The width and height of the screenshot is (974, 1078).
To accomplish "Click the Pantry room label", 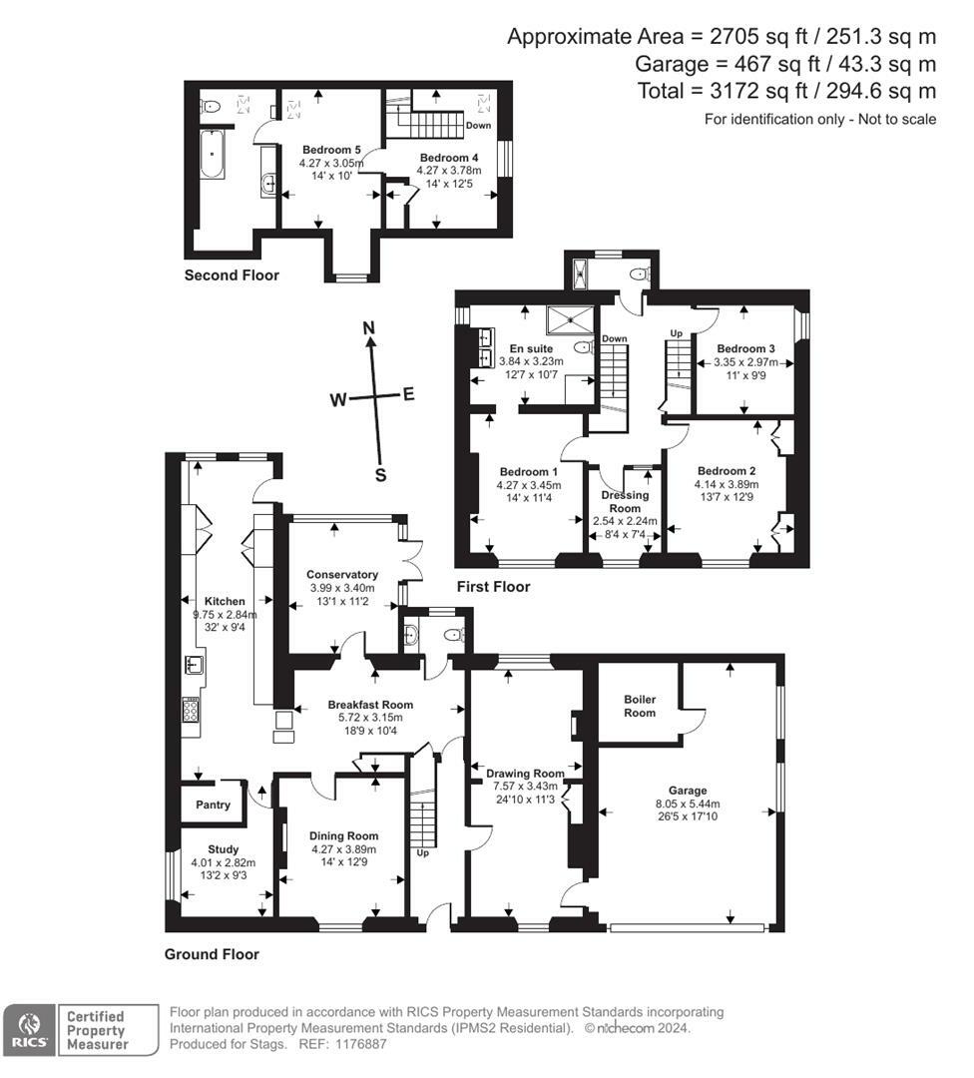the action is click(x=213, y=805).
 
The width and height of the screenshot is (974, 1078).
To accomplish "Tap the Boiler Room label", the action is click(x=640, y=706).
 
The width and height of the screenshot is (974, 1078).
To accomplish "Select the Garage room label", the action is click(x=688, y=791).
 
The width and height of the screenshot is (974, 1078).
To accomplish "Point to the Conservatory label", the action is click(x=342, y=575).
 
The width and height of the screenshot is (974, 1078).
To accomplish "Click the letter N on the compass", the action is click(x=369, y=328).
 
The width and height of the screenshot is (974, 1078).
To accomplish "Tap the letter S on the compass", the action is click(x=380, y=475).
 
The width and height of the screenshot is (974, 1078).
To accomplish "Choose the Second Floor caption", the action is click(x=232, y=275).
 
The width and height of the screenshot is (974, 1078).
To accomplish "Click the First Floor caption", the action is click(x=494, y=587).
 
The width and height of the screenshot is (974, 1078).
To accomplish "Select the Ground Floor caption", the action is click(x=212, y=954).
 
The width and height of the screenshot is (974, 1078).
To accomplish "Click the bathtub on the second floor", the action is click(x=212, y=155).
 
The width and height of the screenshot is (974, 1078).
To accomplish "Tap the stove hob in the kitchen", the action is click(x=191, y=710).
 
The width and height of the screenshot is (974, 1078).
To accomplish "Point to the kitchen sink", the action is click(x=193, y=665).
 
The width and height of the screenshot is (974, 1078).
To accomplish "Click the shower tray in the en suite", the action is click(x=569, y=319).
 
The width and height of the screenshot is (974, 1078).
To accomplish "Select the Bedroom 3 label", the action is click(x=745, y=348).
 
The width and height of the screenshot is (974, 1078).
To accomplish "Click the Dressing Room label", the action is click(x=625, y=502).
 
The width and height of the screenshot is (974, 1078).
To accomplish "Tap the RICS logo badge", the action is click(x=29, y=1030).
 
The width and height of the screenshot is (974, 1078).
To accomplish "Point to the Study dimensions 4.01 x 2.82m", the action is click(x=224, y=862).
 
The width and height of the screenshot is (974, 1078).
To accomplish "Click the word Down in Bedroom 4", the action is click(x=478, y=125).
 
